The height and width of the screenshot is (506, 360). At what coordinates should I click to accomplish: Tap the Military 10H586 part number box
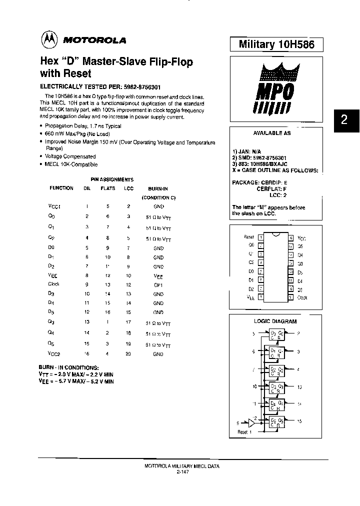276,44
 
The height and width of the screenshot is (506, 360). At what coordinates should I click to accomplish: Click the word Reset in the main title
76,73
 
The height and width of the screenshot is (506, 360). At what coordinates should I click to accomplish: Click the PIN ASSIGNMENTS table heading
111,179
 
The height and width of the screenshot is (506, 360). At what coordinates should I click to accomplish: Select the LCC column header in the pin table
128,188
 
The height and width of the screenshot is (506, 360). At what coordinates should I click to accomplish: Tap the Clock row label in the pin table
53,284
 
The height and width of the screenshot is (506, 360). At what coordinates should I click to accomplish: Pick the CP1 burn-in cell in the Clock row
158,285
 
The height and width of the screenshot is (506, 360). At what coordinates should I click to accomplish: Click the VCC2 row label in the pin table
54,354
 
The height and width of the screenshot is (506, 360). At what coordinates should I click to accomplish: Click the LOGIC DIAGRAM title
275,321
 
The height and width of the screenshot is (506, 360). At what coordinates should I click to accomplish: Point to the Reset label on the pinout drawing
248,237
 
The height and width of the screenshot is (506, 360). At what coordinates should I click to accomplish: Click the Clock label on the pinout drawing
302,298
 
